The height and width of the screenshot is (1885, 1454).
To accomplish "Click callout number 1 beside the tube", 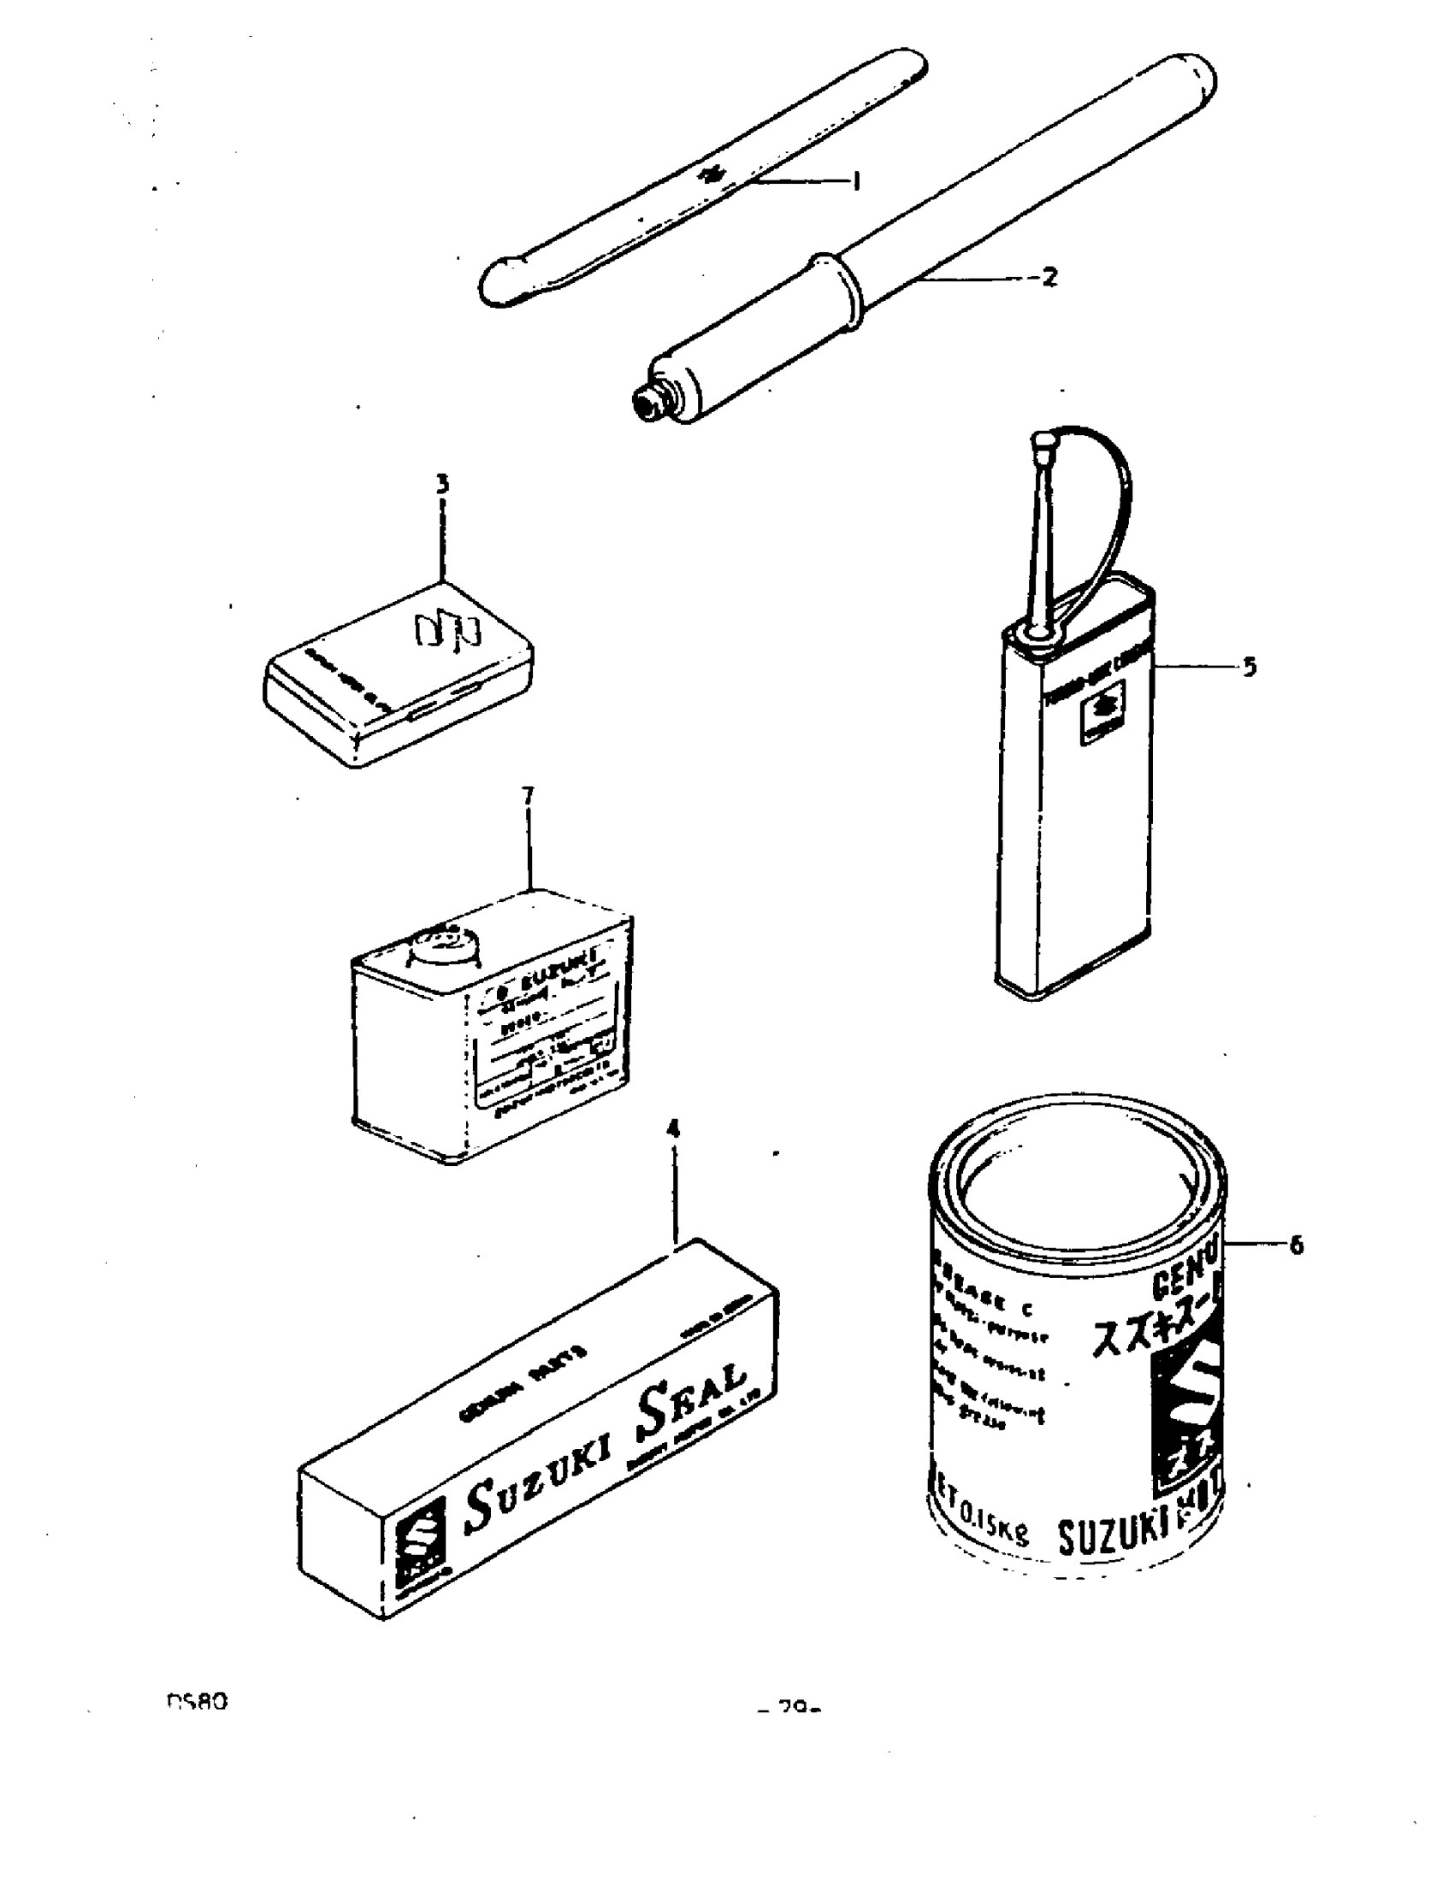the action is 855,181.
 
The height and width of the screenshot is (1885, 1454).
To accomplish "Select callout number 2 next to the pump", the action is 1049,277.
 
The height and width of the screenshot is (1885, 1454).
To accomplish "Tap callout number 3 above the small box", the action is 442,484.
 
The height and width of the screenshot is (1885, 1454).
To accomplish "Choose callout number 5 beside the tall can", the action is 1250,666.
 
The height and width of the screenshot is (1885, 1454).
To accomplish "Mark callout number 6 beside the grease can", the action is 1296,1245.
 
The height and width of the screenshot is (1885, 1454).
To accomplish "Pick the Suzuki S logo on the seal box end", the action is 420,1540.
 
